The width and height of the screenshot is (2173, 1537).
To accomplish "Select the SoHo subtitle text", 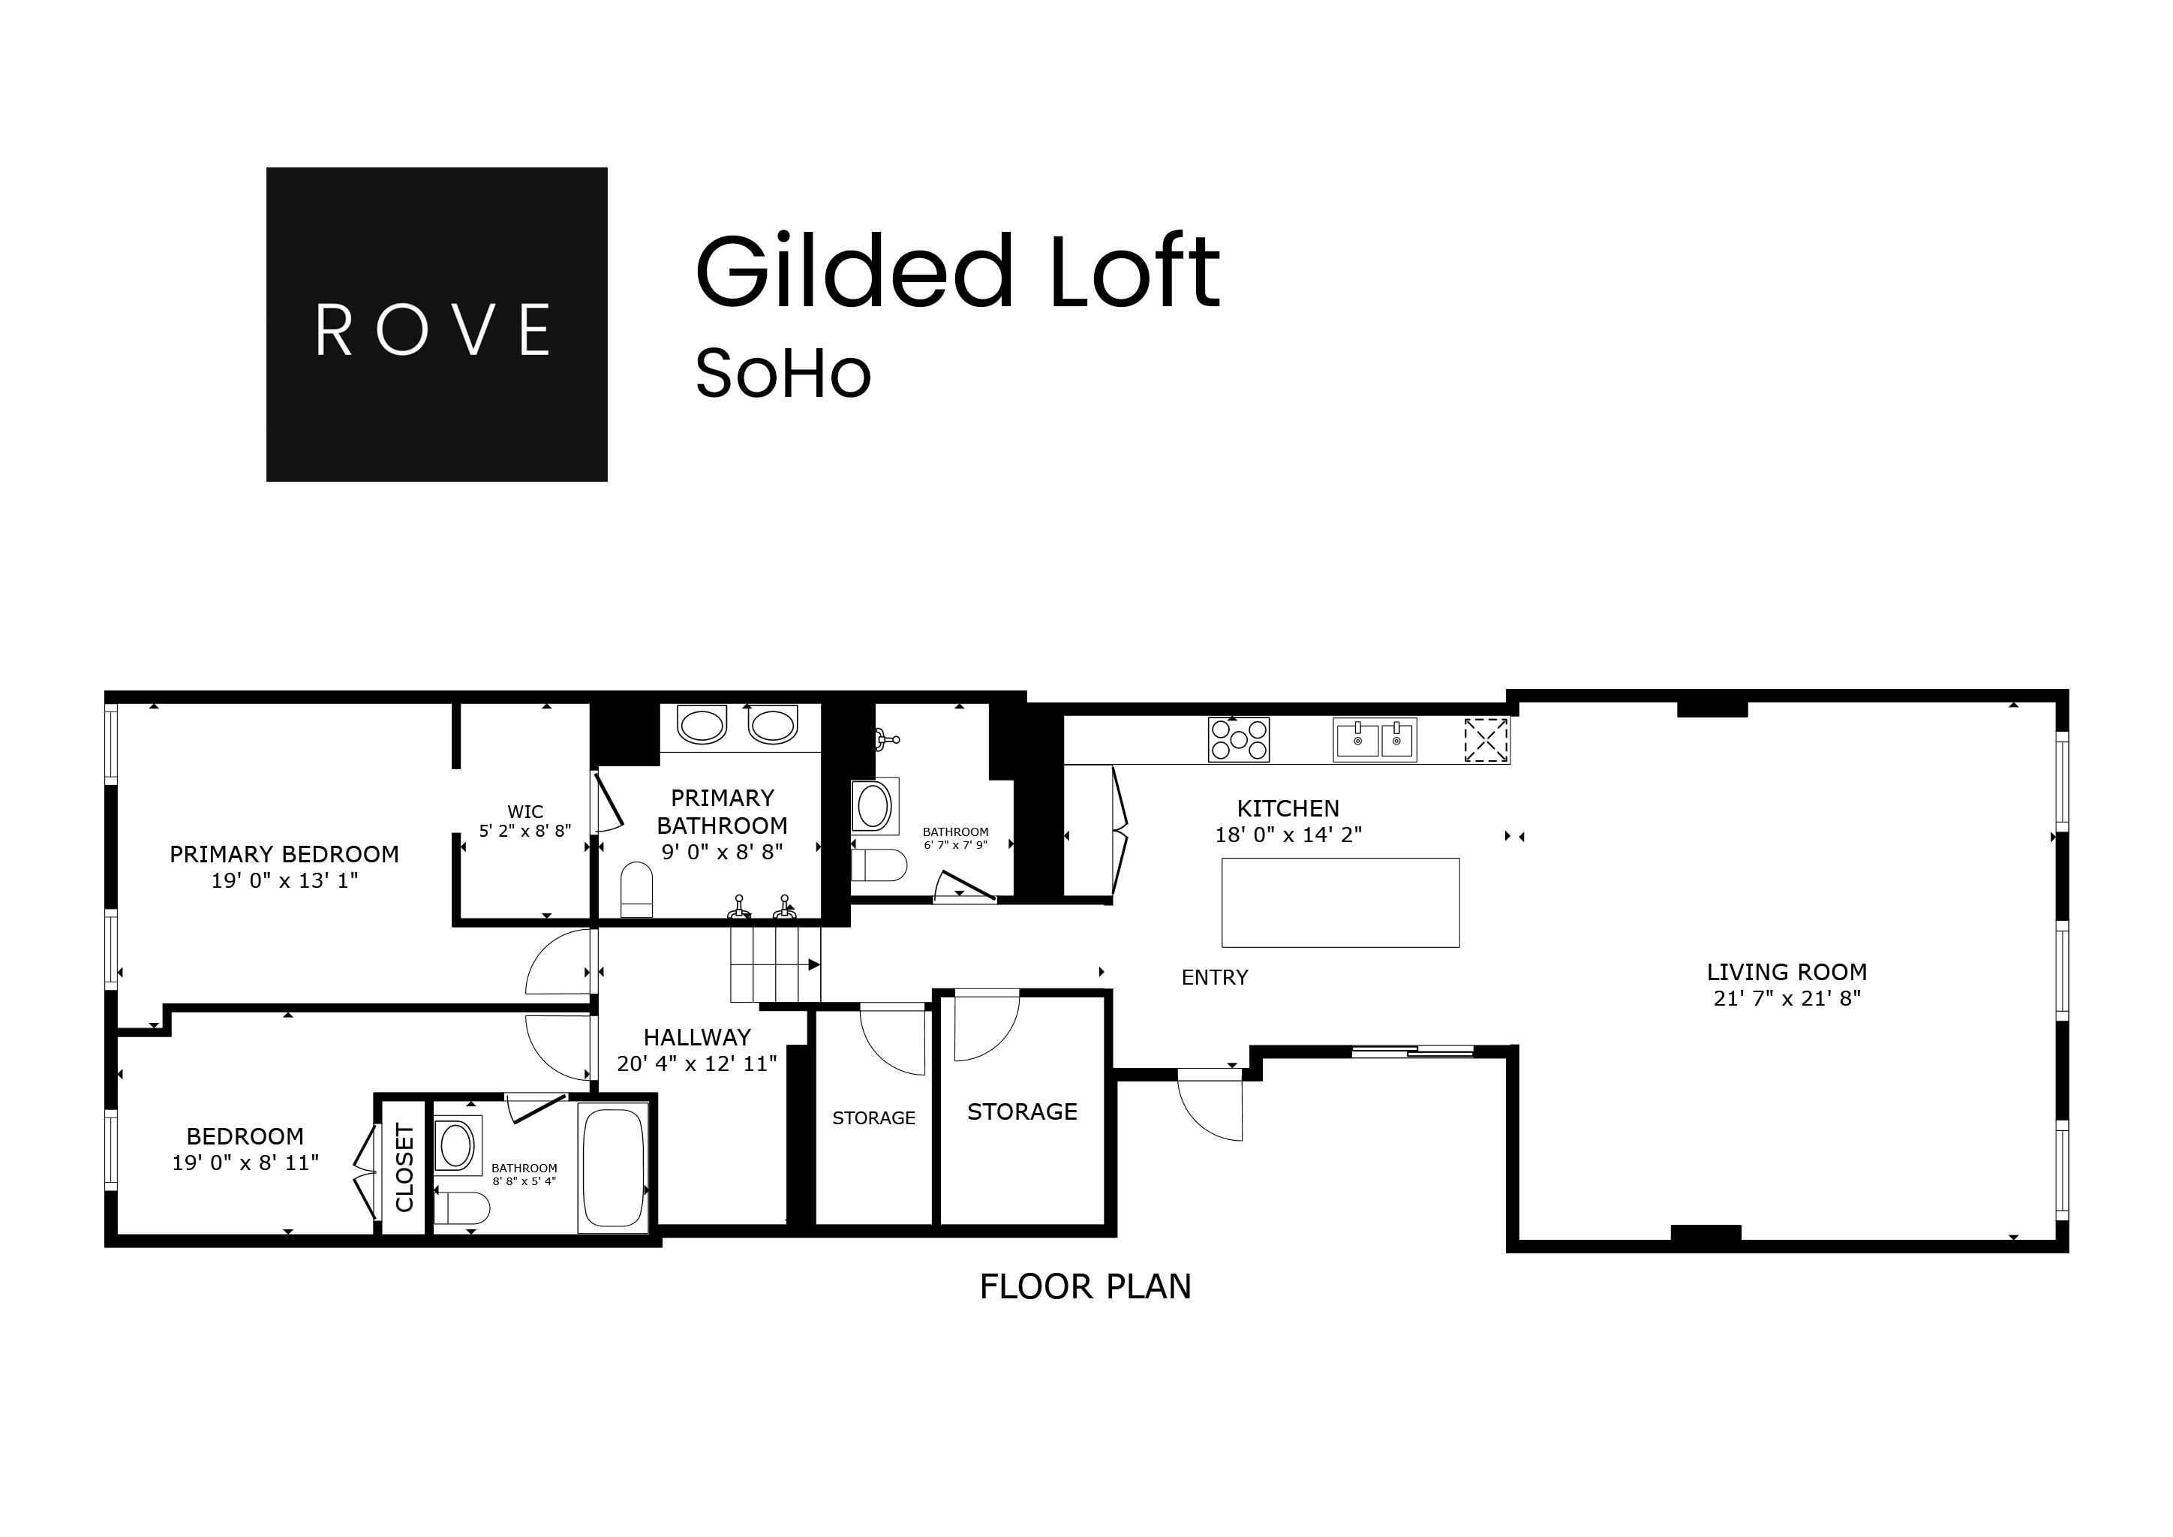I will point(783,373).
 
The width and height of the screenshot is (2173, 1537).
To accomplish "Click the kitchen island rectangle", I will point(1340,902).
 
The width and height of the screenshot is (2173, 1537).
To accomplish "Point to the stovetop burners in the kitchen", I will point(1238,739).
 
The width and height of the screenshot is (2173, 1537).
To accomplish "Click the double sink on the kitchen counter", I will point(1375,739).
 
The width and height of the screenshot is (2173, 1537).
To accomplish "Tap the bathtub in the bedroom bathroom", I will point(613,1168).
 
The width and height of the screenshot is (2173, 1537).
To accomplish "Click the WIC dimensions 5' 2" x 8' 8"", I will point(525,831).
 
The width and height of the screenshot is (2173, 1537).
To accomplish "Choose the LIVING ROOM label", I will point(1787,972).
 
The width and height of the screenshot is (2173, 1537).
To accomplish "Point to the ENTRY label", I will point(1214,978).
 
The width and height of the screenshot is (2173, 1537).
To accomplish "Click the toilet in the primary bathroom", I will point(637,889).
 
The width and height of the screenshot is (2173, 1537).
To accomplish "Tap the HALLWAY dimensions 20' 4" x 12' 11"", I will point(696,1063).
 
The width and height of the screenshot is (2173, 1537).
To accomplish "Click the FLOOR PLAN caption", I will point(1086,1287).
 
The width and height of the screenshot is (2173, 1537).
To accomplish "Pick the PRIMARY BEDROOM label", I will point(284,855).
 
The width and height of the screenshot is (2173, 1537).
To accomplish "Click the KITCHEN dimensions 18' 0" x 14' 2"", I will point(1288,835).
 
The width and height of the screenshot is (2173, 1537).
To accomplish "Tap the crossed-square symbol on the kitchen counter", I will point(1486,740).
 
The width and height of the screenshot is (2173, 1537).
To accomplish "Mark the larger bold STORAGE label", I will point(1022,1112).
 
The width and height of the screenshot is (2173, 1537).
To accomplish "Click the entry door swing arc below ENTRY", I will point(1210,1107).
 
